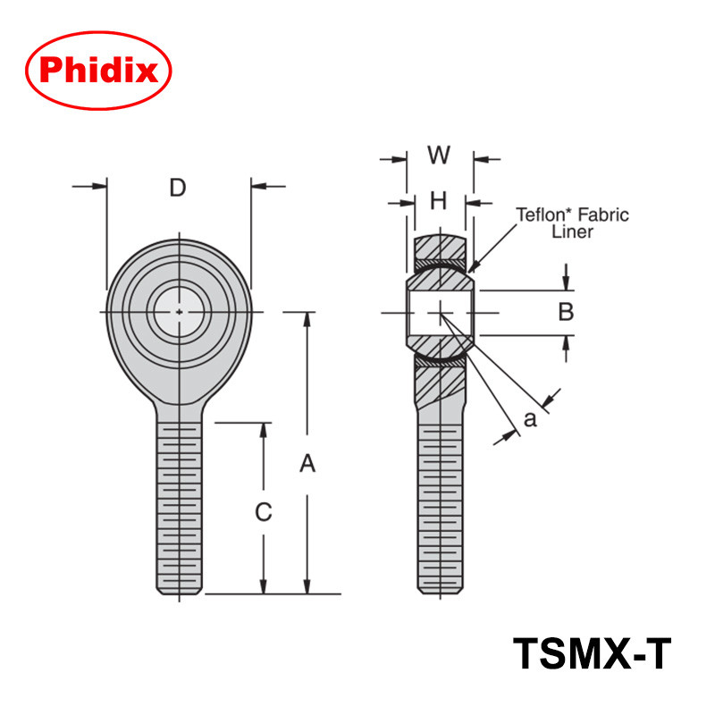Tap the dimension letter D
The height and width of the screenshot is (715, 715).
(178, 188)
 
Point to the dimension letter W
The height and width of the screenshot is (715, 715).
(438, 156)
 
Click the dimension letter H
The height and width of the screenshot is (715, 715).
(438, 202)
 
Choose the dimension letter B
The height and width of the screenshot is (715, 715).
(565, 313)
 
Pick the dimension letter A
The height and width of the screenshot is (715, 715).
(307, 463)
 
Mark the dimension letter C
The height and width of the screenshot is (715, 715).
(263, 512)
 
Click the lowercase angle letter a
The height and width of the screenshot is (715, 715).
(530, 418)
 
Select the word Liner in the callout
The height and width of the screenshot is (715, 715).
(572, 231)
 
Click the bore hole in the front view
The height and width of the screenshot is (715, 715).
(180, 311)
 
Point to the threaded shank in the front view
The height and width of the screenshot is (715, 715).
(180, 505)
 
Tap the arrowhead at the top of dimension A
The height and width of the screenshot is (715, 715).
(307, 318)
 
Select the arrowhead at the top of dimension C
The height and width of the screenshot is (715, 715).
(263, 429)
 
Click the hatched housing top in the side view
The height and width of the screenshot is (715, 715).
(440, 246)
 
